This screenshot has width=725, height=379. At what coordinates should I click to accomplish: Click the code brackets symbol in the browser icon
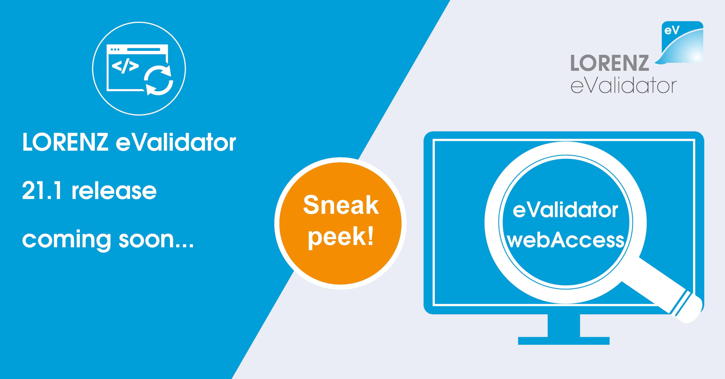coord(125,66)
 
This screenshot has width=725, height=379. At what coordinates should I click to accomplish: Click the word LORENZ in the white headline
coord(65,142)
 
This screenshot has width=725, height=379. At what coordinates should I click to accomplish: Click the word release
coord(114,191)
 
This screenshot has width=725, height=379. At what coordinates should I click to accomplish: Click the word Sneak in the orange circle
coord(341,205)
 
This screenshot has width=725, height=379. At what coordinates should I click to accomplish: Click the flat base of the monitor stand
coord(564,341)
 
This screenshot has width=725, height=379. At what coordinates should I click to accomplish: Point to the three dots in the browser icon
coord(115,50)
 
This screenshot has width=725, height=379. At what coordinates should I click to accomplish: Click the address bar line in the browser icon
coord(144,50)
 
